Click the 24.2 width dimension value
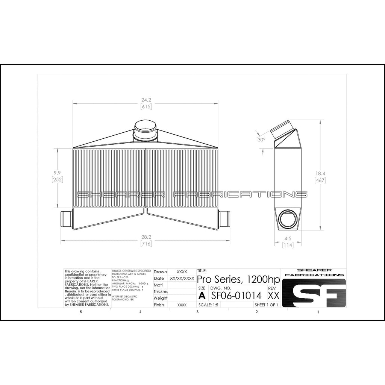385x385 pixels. click(x=146, y=100)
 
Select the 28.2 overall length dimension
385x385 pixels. click(x=146, y=237)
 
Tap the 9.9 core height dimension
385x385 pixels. click(x=57, y=173)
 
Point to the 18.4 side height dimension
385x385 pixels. click(x=320, y=173)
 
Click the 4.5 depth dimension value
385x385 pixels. click(x=288, y=238)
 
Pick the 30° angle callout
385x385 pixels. click(x=261, y=139)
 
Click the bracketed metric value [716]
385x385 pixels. click(x=146, y=244)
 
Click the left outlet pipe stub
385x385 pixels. click(x=65, y=219)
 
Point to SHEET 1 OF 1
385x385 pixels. click(x=266, y=305)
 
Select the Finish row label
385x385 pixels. click(x=159, y=305)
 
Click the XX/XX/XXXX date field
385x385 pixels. click(x=182, y=279)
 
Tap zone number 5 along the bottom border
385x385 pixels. click(x=80, y=312)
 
